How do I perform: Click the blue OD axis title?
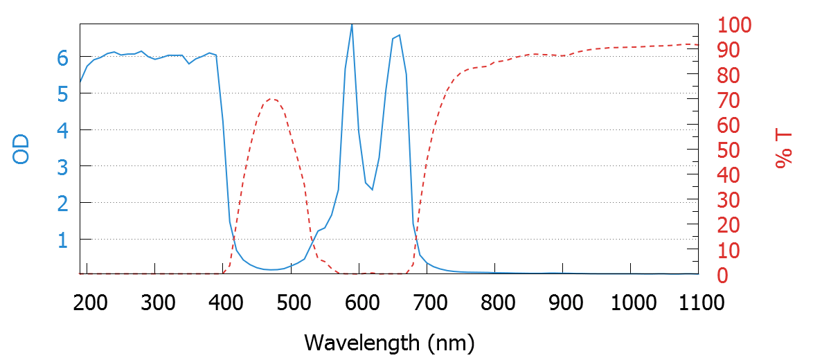click(x=22, y=150)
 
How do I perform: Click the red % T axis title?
click(x=783, y=150)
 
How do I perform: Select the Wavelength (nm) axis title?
click(x=389, y=342)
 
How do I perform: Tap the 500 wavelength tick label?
click(x=292, y=303)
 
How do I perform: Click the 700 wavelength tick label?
click(x=427, y=303)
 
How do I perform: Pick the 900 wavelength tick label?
click(x=563, y=303)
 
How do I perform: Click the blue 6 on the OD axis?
click(x=63, y=57)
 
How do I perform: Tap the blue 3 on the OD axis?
click(x=63, y=167)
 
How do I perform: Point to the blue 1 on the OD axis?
click(x=63, y=240)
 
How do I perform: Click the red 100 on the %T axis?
click(x=734, y=26)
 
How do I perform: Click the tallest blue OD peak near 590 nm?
click(x=352, y=25)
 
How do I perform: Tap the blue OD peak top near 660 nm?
click(x=399, y=35)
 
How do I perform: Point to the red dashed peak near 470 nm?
click(x=271, y=98)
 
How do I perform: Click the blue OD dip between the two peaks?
click(x=372, y=190)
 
